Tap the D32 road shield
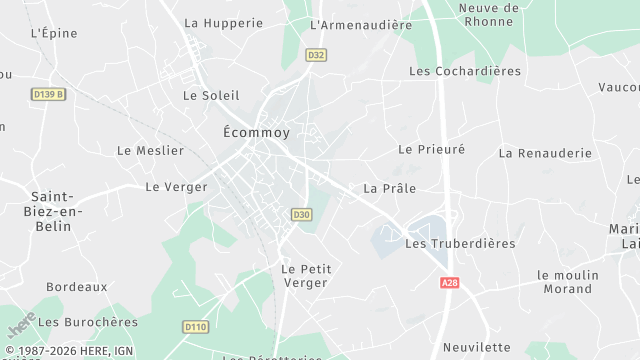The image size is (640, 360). point(316,56)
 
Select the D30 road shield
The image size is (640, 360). point(301,214)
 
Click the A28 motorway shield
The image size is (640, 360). point(449,284)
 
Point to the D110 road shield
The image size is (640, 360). point(195,326)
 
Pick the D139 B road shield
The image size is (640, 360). point(48,94)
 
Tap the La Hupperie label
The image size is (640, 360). point(223,22)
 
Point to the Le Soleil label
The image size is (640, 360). point(211,96)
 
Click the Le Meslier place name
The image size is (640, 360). point(151,151)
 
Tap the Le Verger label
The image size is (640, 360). point(176,187)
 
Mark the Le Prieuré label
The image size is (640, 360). point(432,149)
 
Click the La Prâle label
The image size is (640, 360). point(389,188)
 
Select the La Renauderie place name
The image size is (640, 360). point(545,154)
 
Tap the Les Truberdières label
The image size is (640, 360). point(460,244)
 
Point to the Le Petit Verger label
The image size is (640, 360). point(306,276)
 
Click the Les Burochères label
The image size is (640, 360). point(88,322)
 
